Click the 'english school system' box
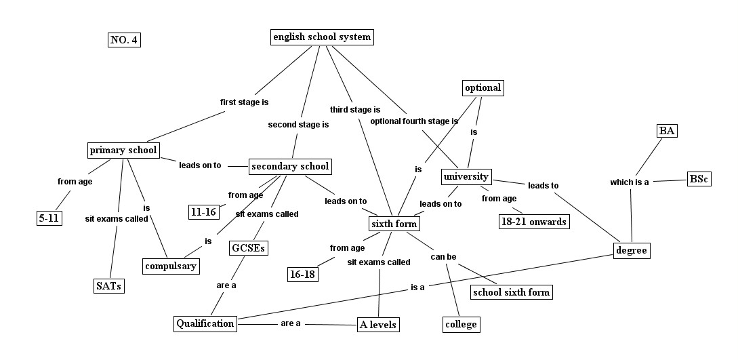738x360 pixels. pos(322,37)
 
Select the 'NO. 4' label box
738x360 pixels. pos(124,40)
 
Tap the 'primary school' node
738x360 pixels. pos(123,151)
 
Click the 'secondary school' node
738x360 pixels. pos(290,166)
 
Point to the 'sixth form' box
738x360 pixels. pos(394,224)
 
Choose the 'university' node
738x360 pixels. pos(466,177)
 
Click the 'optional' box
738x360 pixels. pos(483,87)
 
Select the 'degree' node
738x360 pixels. pos(632,251)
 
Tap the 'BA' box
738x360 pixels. pos(667,132)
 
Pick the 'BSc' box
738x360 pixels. pos(698,179)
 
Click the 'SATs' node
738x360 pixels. pos(108,285)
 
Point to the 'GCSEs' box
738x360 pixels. pos(248,248)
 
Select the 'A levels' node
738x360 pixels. pos(378,325)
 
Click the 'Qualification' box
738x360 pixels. pos(205,323)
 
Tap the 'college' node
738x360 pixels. pos(461,324)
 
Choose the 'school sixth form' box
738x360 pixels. pos(512,292)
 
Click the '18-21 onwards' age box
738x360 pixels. pos(533,222)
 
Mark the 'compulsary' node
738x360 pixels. pos(171,266)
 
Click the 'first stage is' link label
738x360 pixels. pos(245,102)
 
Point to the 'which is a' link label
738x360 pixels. pos(630,182)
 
